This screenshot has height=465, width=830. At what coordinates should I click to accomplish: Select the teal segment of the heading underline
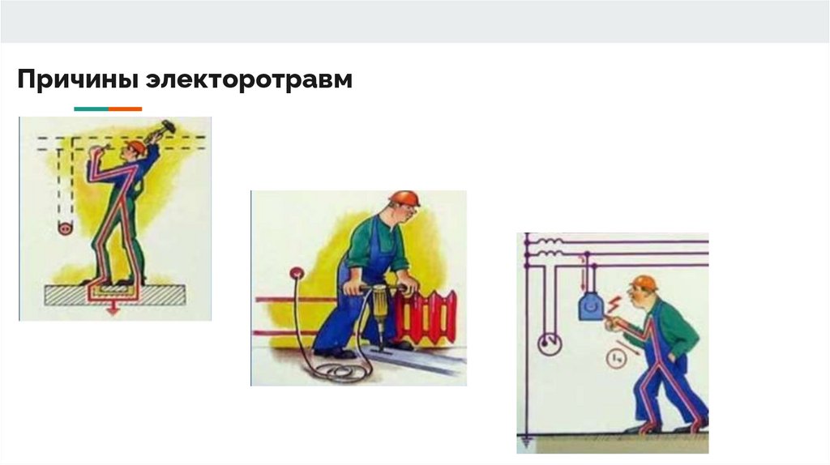pyautogui.click(x=91, y=109)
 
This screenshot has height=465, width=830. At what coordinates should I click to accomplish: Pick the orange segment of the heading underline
pyautogui.click(x=126, y=109)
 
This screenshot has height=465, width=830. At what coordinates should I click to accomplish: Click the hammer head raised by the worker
pyautogui.click(x=169, y=126)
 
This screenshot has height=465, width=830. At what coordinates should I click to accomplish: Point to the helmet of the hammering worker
pyautogui.click(x=136, y=146)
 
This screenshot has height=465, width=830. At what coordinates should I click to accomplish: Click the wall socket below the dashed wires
pyautogui.click(x=66, y=228)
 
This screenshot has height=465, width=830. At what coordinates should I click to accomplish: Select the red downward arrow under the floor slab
pyautogui.click(x=112, y=310)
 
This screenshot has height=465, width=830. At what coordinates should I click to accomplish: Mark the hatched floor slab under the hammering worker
pyautogui.click(x=114, y=295)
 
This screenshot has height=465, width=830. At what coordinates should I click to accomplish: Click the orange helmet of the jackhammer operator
pyautogui.click(x=404, y=199)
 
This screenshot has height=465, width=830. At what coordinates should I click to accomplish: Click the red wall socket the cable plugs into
pyautogui.click(x=297, y=274)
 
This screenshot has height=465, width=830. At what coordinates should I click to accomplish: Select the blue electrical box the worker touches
pyautogui.click(x=591, y=306)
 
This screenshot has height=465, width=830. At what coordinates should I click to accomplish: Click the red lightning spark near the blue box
pyautogui.click(x=614, y=304)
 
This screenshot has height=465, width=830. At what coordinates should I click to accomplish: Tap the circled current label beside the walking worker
pyautogui.click(x=616, y=359)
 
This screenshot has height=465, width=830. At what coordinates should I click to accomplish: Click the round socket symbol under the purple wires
pyautogui.click(x=550, y=344)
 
